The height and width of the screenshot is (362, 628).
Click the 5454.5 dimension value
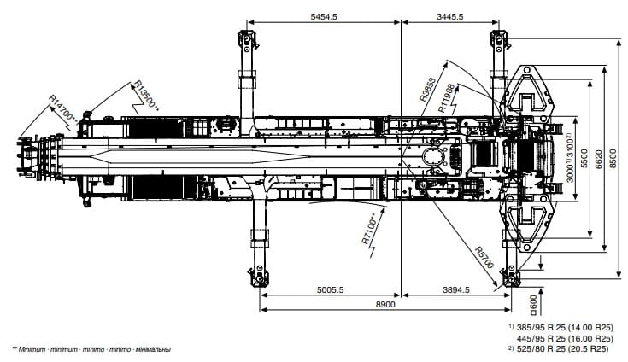click(x=324, y=16)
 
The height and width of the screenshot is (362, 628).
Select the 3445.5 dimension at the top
click(x=449, y=16)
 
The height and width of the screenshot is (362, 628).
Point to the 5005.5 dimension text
click(x=330, y=289)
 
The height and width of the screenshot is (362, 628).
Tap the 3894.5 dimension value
click(x=455, y=289)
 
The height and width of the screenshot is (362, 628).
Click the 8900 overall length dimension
click(x=385, y=305)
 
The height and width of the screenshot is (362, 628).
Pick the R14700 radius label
click(x=63, y=108)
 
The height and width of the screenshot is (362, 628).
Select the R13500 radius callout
click(x=147, y=96)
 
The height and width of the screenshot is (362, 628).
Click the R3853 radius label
click(x=427, y=89)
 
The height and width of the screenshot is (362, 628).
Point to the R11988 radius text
click(x=447, y=98)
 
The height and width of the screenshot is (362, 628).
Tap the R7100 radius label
click(x=368, y=229)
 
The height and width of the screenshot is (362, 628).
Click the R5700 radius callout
click(x=484, y=257)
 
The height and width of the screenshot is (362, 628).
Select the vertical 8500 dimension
click(x=613, y=159)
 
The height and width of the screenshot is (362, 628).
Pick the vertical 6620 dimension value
click(x=598, y=159)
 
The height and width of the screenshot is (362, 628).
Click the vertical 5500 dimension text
click(x=584, y=159)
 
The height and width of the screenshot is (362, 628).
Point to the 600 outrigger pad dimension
click(x=533, y=305)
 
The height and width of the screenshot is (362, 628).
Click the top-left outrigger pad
click(x=247, y=39)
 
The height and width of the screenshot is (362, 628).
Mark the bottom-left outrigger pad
click(x=259, y=277)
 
